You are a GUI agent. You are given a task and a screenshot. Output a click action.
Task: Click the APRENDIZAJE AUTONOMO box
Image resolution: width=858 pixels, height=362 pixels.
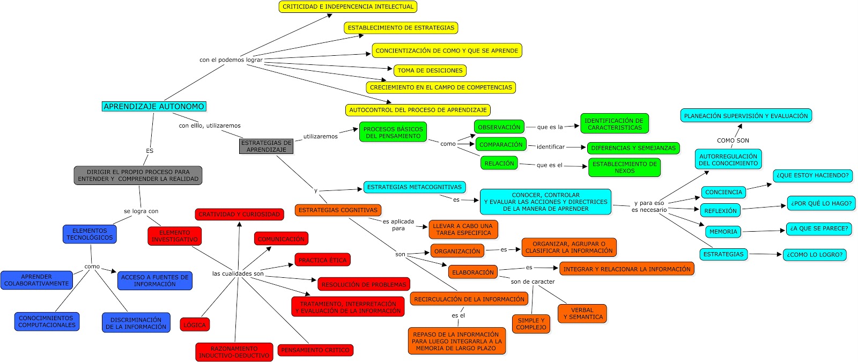[154, 107]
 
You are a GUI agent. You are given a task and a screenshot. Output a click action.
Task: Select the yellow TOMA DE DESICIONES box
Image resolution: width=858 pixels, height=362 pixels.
[430, 70]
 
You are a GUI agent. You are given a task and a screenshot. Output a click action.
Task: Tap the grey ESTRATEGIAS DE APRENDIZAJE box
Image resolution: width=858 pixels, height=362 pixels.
[266, 146]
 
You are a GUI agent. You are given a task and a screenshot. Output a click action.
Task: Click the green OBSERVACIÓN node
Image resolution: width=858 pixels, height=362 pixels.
[499, 127]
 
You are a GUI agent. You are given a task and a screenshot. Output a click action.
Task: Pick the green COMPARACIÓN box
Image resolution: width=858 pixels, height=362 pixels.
[501, 144]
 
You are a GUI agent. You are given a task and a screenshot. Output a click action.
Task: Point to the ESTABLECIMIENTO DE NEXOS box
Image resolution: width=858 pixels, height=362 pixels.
[624, 167]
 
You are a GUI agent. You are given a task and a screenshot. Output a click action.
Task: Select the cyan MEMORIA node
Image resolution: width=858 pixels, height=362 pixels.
[723, 232]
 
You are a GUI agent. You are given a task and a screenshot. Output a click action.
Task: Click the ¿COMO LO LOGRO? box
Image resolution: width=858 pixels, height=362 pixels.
[814, 255]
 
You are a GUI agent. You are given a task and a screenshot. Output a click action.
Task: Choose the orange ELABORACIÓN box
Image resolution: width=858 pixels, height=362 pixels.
[472, 272]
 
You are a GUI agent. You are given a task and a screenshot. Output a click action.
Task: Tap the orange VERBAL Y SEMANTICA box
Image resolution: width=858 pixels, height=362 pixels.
[582, 314]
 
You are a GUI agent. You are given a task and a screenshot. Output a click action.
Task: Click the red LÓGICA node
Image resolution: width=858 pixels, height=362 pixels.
[194, 325]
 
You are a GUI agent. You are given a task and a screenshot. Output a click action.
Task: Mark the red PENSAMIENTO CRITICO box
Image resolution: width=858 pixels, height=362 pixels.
[315, 350]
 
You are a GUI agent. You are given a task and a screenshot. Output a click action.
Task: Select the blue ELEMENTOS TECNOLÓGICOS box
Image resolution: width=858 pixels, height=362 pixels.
[90, 234]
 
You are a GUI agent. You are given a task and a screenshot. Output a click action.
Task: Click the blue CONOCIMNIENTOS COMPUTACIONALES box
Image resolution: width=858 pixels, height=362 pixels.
[47, 321]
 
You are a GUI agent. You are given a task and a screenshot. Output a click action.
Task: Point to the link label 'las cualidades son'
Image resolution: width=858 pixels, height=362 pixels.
[238, 274]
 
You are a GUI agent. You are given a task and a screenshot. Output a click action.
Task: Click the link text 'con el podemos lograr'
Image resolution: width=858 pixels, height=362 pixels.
[231, 60]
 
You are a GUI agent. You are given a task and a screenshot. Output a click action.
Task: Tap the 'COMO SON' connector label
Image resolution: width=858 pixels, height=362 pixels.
[733, 141]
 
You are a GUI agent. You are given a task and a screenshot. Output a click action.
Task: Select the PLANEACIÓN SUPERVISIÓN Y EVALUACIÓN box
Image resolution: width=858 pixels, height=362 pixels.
[745, 116]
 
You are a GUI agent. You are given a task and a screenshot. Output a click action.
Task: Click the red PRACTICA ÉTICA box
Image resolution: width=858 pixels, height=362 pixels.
[322, 260]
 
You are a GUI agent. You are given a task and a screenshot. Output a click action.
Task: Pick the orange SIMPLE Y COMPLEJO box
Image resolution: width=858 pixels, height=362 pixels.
[531, 324]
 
